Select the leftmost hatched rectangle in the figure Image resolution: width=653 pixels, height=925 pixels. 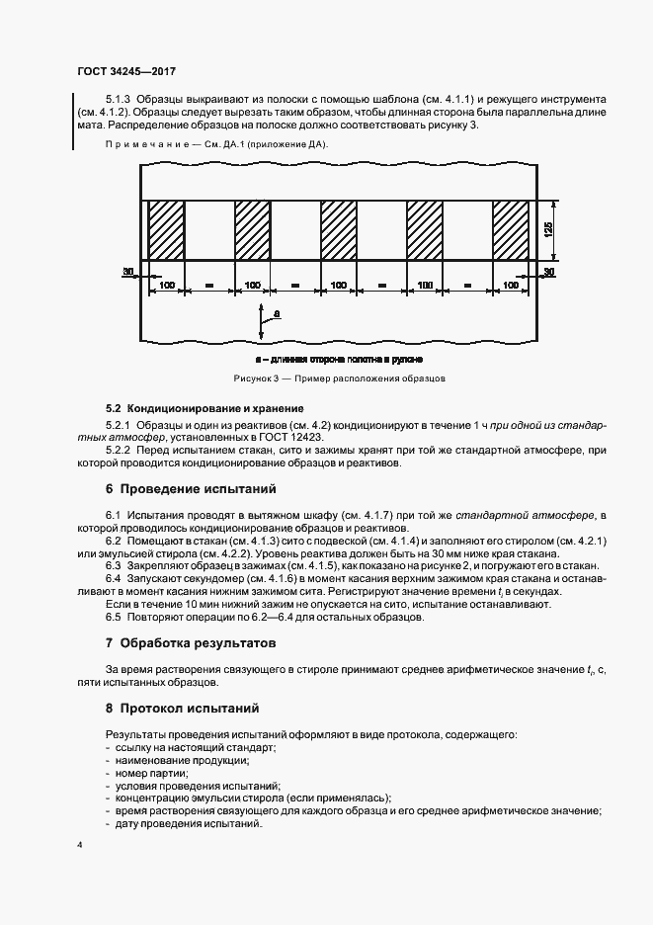pyautogui.click(x=166, y=230)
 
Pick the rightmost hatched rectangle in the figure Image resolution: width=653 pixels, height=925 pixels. pyautogui.click(x=512, y=230)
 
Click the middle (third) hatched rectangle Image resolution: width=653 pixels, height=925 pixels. pyautogui.click(x=339, y=230)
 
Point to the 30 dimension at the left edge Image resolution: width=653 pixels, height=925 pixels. pyautogui.click(x=128, y=270)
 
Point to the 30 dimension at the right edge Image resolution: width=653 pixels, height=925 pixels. pyautogui.click(x=549, y=270)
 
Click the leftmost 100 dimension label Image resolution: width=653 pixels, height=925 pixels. pyautogui.click(x=166, y=285)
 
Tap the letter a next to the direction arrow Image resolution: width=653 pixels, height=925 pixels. pyautogui.click(x=276, y=312)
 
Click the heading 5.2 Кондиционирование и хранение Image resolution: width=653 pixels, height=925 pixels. pyautogui.click(x=204, y=408)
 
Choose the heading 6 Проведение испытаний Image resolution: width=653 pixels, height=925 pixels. pyautogui.click(x=191, y=489)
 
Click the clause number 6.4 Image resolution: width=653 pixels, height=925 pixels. pyautogui.click(x=113, y=577)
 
